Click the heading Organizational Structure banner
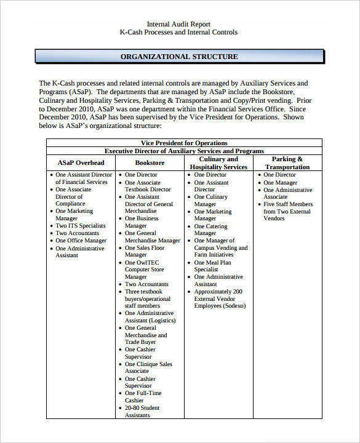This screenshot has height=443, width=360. (179, 57)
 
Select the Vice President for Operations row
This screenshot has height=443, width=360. (184, 143)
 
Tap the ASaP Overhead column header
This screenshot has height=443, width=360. (81, 162)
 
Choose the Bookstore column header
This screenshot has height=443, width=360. (150, 162)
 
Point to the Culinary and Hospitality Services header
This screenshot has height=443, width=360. (218, 162)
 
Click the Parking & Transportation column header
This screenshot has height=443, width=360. (287, 162)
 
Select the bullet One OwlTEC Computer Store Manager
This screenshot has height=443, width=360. (145, 269)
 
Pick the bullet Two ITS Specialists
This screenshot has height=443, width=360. (81, 226)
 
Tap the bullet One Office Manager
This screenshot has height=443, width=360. (81, 241)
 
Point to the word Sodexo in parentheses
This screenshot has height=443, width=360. (233, 306)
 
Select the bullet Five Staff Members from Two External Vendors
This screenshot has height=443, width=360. (288, 211)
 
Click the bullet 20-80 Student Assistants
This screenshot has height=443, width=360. (142, 411)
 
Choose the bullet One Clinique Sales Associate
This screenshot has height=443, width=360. (148, 367)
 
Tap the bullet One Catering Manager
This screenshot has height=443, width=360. (210, 229)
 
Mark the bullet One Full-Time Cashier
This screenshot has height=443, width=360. (143, 396)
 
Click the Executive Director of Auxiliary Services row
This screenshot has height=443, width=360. (184, 151)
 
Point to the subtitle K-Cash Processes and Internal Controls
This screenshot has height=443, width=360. (178, 33)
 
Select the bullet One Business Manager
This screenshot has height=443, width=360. (142, 222)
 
